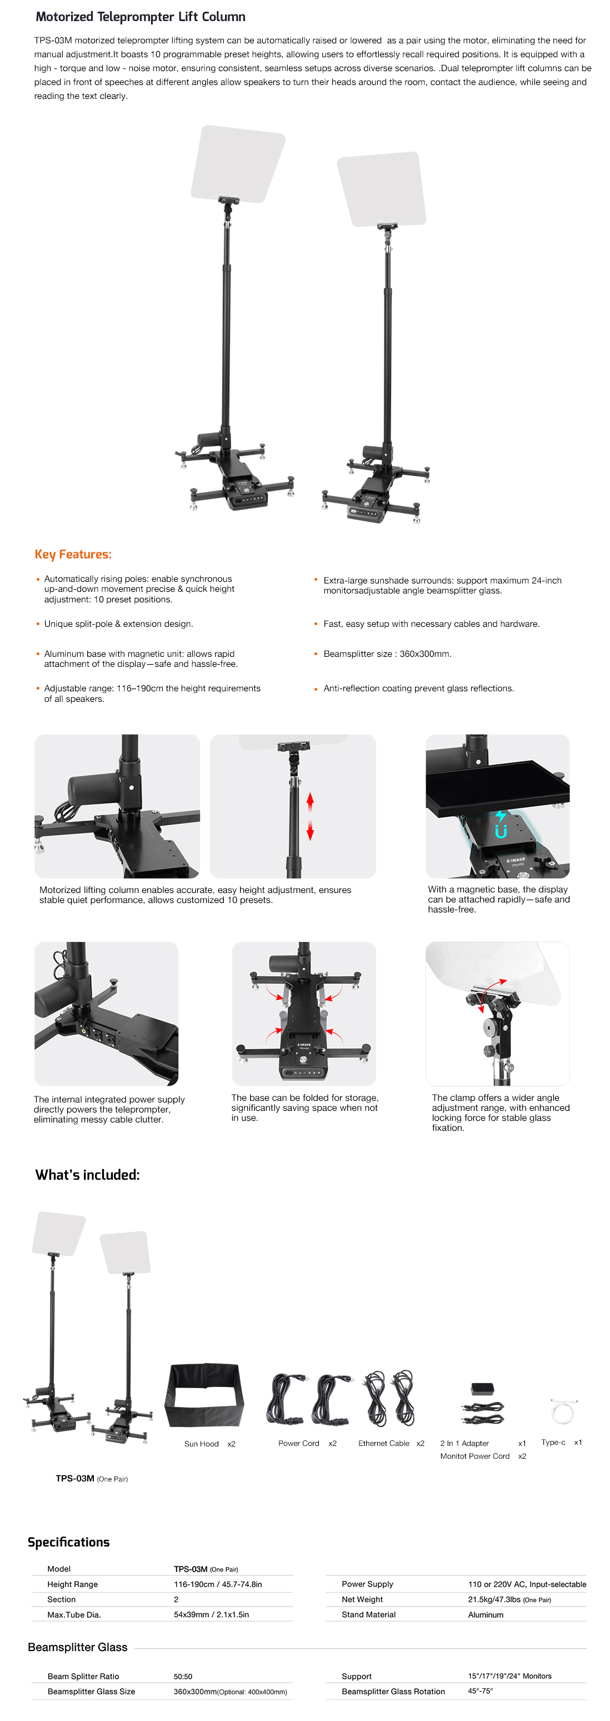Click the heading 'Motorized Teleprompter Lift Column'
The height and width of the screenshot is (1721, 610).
[141, 17]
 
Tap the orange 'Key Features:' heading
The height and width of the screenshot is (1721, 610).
[73, 554]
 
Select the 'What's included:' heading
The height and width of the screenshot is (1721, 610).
[88, 1175]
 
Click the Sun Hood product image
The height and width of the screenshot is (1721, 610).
[204, 1395]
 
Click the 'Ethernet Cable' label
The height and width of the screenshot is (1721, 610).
[383, 1443]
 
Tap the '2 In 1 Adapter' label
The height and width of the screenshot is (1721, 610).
[464, 1443]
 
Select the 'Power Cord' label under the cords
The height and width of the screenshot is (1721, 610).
[299, 1443]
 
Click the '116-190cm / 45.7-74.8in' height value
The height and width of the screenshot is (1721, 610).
[218, 1584]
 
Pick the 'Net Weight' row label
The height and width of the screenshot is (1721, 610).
[362, 1599]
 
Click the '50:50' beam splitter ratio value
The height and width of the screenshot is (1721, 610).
[183, 1676]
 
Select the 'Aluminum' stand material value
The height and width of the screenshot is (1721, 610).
[486, 1615]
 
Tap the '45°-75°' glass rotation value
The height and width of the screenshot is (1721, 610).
[481, 1691]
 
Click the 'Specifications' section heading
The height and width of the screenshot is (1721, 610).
[69, 1542]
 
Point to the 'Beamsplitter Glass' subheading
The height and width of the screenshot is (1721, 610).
[78, 1647]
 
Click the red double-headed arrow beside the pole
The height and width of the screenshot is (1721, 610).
[310, 816]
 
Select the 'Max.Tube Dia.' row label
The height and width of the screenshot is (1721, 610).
[73, 1615]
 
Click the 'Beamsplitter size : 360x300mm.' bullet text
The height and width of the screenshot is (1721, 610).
[388, 654]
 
